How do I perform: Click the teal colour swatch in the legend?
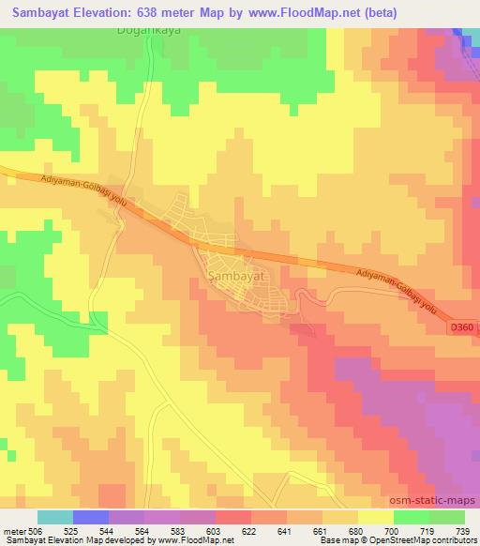tap(55, 516)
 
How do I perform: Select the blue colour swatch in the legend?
tap(90, 516)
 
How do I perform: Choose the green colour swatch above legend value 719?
tap(412, 516)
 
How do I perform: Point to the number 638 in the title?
tap(159, 13)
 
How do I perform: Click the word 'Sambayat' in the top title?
tap(40, 13)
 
